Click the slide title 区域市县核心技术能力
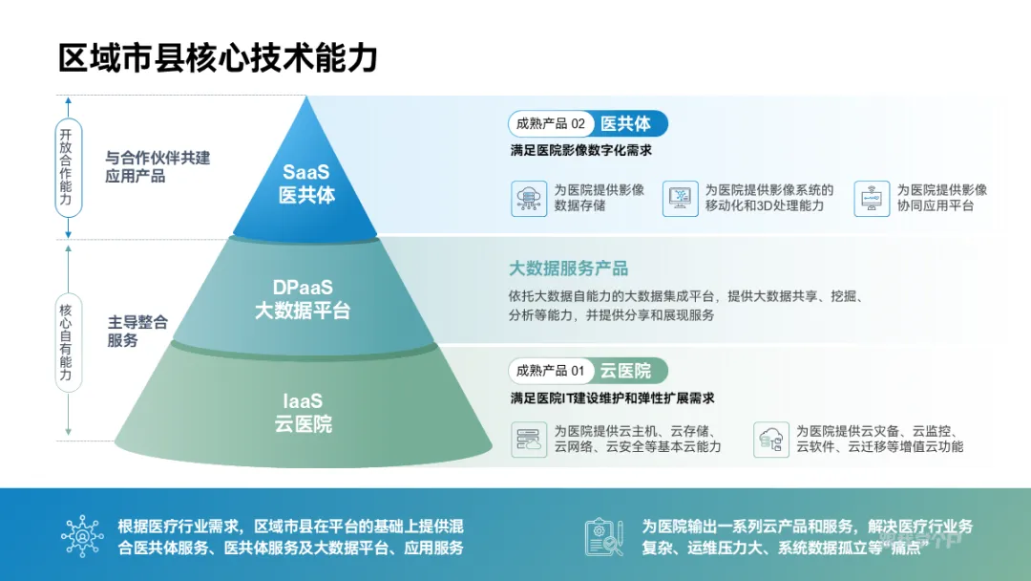[x=218, y=57]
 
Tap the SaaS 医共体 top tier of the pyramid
[x=306, y=183]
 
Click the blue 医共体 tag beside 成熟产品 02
[x=625, y=124]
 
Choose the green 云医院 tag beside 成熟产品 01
[x=625, y=370]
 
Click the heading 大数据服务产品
[x=568, y=269]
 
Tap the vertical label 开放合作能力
[x=67, y=167]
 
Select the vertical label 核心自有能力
[x=67, y=342]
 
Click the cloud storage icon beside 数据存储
[x=528, y=198]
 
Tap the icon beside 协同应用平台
[x=872, y=198]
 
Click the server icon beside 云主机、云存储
[x=528, y=440]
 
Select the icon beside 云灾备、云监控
[x=769, y=440]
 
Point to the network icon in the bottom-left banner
[x=82, y=536]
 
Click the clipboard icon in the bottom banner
[x=603, y=536]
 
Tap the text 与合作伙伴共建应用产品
[x=157, y=167]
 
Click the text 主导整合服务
[x=137, y=332]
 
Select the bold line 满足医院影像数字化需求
[x=580, y=151]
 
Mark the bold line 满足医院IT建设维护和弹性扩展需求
[x=612, y=398]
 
